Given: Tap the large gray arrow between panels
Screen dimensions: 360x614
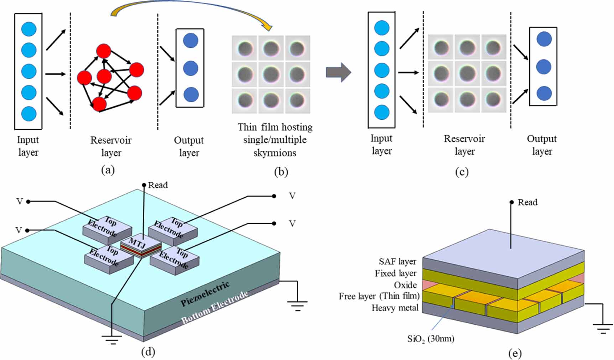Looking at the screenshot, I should [338, 72].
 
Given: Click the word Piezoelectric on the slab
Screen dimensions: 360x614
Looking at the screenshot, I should [205, 294].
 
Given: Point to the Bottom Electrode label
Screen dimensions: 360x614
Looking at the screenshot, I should [214, 307].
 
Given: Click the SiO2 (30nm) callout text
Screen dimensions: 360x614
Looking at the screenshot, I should [431, 338].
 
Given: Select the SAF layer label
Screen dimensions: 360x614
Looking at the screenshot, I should [397, 261].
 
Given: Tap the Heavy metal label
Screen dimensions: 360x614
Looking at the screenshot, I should [395, 308].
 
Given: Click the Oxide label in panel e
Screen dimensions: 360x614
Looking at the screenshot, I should [405, 285].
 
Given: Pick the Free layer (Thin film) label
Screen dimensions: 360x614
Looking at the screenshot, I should [379, 296].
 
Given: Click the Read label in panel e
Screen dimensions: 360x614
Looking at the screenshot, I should [527, 202].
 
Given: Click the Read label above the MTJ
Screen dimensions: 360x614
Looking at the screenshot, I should [158, 185].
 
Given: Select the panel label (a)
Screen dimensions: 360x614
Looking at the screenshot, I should [108, 170].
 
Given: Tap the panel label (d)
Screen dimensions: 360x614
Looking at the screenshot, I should [148, 352].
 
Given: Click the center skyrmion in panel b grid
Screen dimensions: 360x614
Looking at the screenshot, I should [271, 75].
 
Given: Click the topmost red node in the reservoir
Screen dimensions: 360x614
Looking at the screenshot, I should [104, 51].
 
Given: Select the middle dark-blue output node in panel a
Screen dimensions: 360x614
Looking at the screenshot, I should [191, 68].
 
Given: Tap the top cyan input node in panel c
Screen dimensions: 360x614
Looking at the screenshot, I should [382, 28].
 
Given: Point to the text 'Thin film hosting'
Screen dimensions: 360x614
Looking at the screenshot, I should [275, 127].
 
